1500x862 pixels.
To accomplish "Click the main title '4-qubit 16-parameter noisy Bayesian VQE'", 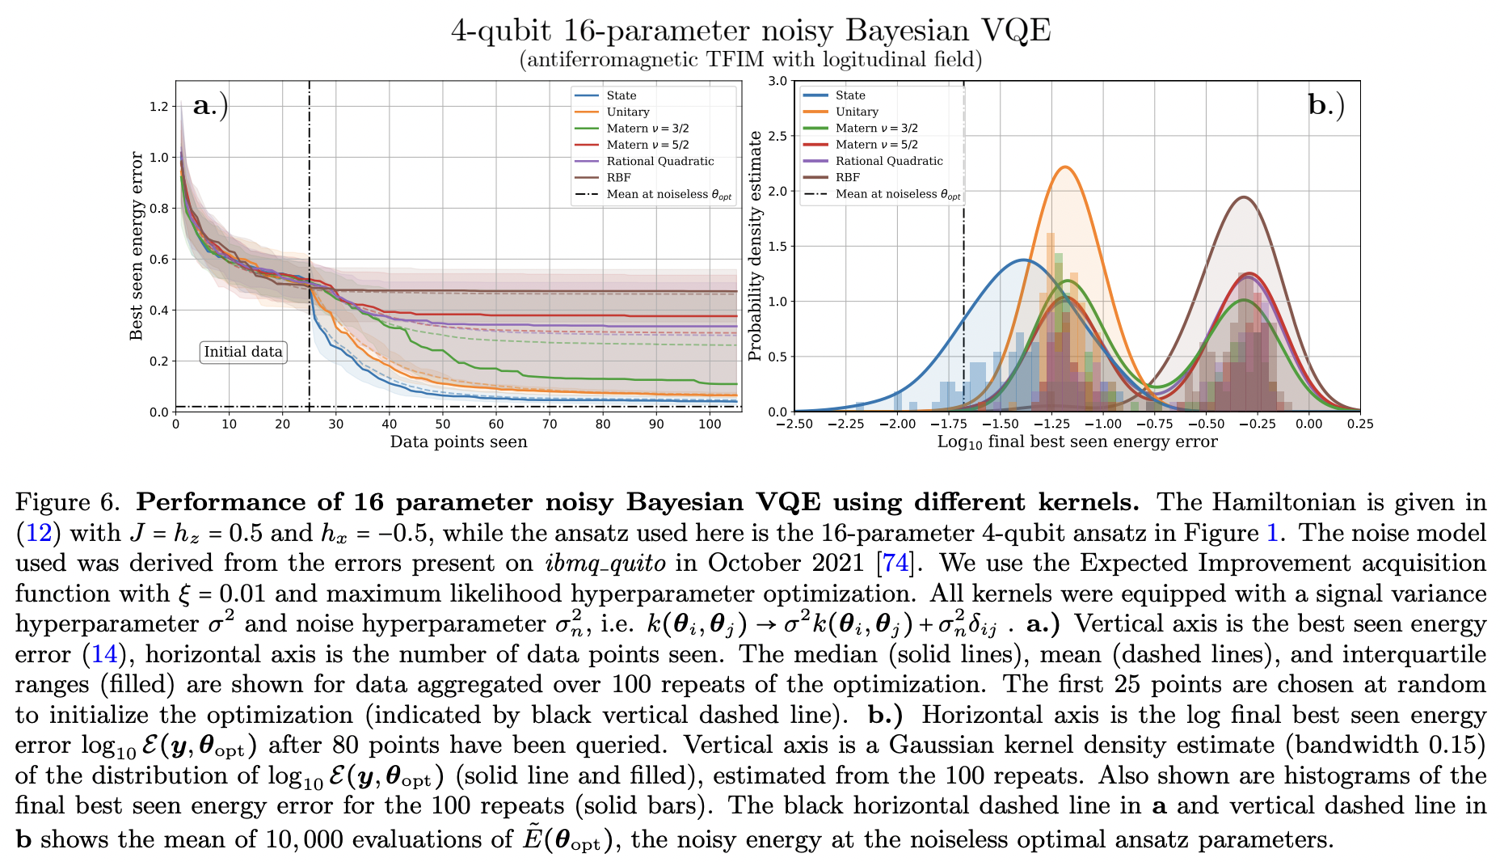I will pyautogui.click(x=751, y=31).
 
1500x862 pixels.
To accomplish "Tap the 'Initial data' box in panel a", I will pyautogui.click(x=242, y=352).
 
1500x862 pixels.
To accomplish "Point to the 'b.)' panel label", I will pyautogui.click(x=1326, y=105).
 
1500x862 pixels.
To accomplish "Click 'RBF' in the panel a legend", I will pyautogui.click(x=618, y=178).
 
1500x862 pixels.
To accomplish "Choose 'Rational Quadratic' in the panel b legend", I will pyautogui.click(x=889, y=161).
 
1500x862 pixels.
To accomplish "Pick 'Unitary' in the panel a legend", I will pyautogui.click(x=628, y=112).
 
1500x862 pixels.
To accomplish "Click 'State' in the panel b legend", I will pyautogui.click(x=850, y=95).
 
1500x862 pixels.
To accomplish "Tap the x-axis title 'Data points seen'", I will pyautogui.click(x=458, y=442).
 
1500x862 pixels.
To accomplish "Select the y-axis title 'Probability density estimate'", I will pyautogui.click(x=755, y=246).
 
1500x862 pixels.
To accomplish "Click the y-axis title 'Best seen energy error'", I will pyautogui.click(x=137, y=246).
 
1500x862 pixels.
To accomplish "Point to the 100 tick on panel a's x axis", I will pyautogui.click(x=710, y=425).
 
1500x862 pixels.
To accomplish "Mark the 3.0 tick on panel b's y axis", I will pyautogui.click(x=777, y=81).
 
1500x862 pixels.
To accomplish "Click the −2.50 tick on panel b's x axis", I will pyautogui.click(x=794, y=425).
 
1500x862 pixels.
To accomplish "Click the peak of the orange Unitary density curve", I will pyautogui.click(x=1065, y=167).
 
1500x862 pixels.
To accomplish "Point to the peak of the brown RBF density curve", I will pyautogui.click(x=1243, y=197).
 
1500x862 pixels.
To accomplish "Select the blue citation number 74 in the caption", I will pyautogui.click(x=895, y=564).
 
